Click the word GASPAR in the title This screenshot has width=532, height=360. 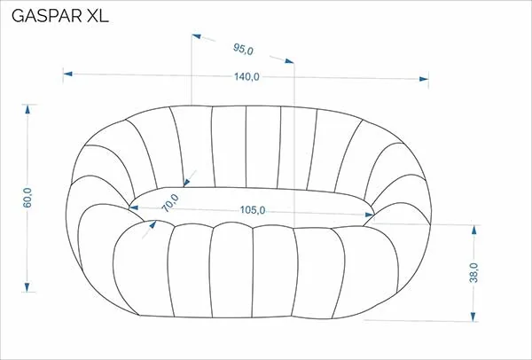(47, 16)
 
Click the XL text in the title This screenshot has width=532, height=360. (98, 16)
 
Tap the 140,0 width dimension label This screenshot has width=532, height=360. (246, 77)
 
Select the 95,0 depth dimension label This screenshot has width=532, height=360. (243, 49)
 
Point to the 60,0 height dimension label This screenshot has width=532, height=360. (27, 198)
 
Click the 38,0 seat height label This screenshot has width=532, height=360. (473, 273)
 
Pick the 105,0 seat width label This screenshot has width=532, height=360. (253, 210)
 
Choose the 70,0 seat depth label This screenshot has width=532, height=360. (169, 202)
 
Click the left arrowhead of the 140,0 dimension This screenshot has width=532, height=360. (68, 74)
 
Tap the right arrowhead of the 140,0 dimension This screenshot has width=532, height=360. (424, 79)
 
